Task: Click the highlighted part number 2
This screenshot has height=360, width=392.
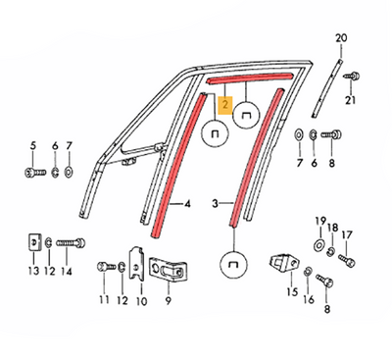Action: click(x=225, y=106)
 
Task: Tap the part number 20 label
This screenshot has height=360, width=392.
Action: click(x=341, y=38)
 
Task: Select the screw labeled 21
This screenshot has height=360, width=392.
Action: click(x=352, y=77)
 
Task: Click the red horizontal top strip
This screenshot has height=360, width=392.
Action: click(x=251, y=77)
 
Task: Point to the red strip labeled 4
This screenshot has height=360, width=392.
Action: click(x=178, y=165)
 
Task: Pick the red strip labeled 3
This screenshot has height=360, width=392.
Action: click(x=256, y=157)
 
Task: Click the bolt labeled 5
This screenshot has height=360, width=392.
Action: click(x=34, y=172)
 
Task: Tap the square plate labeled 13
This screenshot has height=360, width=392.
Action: click(x=34, y=242)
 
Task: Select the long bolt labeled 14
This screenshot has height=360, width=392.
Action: click(x=71, y=243)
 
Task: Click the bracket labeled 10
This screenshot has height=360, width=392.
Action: click(x=137, y=264)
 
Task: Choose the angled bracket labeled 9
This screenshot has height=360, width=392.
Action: click(x=170, y=270)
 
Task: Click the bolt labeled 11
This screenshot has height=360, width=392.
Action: click(x=107, y=267)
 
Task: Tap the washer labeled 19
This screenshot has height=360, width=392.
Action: click(x=318, y=245)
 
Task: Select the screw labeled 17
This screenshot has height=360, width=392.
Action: click(x=346, y=261)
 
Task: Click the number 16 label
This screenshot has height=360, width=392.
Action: click(x=309, y=299)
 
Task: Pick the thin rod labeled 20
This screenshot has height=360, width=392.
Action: click(x=327, y=87)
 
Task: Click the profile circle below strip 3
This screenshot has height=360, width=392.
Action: click(x=234, y=264)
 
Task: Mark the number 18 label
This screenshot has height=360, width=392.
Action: click(x=332, y=228)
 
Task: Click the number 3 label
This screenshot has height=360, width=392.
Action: click(x=215, y=204)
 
